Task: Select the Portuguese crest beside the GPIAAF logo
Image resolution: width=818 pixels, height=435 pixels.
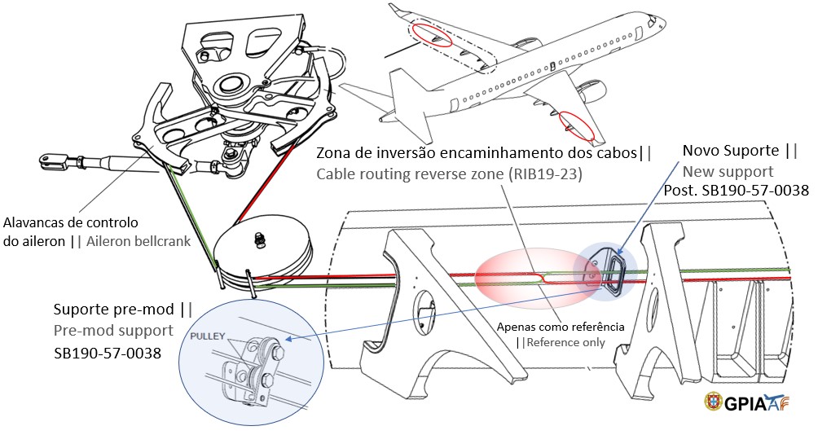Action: (713, 402)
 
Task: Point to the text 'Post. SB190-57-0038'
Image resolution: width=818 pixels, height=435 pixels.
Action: (745, 191)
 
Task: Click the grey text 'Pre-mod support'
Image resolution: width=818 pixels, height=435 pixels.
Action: (113, 331)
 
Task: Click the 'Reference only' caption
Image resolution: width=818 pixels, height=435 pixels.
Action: (566, 342)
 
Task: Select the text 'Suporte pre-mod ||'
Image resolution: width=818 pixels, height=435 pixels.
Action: (122, 310)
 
